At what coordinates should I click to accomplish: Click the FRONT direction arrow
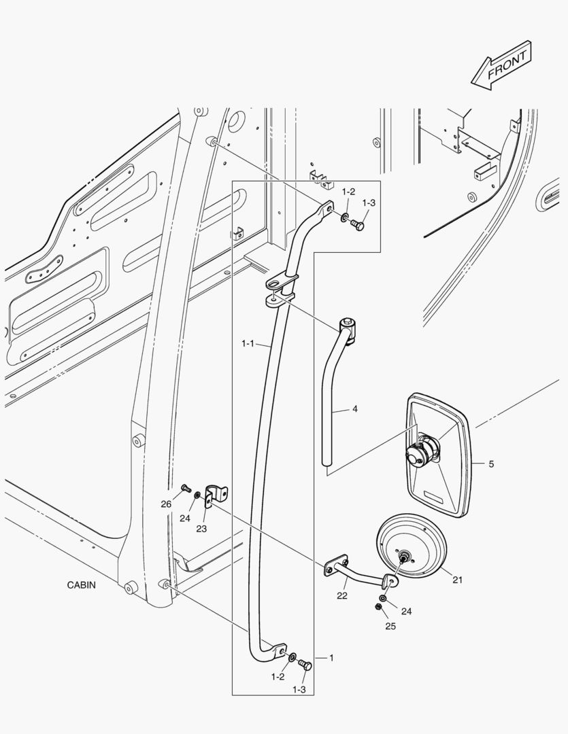click(x=502, y=65)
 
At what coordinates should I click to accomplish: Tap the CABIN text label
click(x=81, y=584)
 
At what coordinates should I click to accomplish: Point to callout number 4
click(x=354, y=410)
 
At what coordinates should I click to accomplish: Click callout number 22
click(x=342, y=596)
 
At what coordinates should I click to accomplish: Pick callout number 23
click(x=201, y=529)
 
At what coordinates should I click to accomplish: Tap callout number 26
click(x=166, y=504)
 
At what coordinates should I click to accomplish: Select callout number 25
click(x=390, y=626)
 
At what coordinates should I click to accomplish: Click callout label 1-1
click(x=248, y=345)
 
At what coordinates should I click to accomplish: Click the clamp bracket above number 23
click(x=216, y=494)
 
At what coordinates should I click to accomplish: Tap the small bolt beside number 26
click(x=184, y=487)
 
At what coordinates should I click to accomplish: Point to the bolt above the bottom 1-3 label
click(x=305, y=665)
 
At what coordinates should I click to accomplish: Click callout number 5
click(x=491, y=464)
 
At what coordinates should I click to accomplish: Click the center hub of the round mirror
click(x=405, y=557)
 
